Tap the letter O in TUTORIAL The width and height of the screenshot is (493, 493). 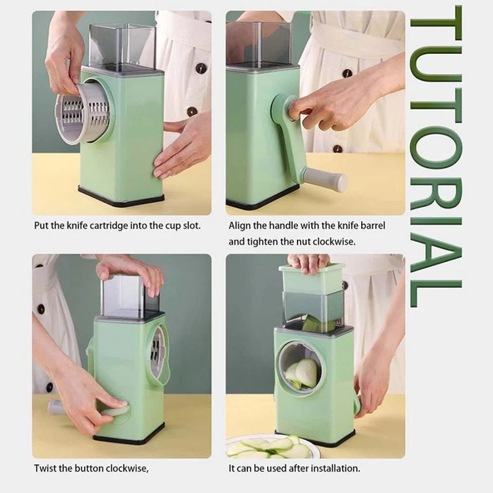(435, 147)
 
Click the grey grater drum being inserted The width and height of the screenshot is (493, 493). (82, 113)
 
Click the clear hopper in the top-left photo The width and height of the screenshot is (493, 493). (122, 46)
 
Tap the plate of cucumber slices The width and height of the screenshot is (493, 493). (271, 447)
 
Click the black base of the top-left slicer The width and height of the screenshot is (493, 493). (121, 197)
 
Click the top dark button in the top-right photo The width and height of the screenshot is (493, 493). (347, 73)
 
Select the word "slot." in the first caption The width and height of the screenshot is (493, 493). (192, 225)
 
